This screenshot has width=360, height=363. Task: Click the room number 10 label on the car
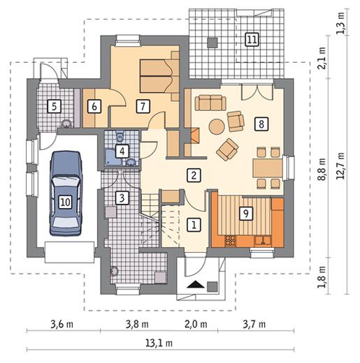65,202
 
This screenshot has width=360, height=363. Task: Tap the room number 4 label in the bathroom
122,151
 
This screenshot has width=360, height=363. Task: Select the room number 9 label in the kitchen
246,213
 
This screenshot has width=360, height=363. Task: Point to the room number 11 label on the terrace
252,39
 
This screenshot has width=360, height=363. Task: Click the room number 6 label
94,106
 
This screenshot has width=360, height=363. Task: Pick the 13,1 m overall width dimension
159,343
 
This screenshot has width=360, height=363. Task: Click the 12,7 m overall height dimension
342,165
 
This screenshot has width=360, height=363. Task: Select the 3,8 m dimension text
137,324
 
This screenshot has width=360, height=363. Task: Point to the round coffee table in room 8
217,127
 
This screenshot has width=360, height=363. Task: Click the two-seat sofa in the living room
210,103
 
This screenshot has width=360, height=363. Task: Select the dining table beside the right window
268,168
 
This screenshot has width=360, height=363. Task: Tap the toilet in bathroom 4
120,138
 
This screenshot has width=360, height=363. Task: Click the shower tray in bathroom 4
113,158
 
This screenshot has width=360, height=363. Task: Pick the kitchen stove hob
231,241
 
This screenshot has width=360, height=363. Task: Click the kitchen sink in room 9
263,241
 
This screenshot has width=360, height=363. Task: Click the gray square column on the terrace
213,43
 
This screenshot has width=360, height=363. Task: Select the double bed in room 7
157,75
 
